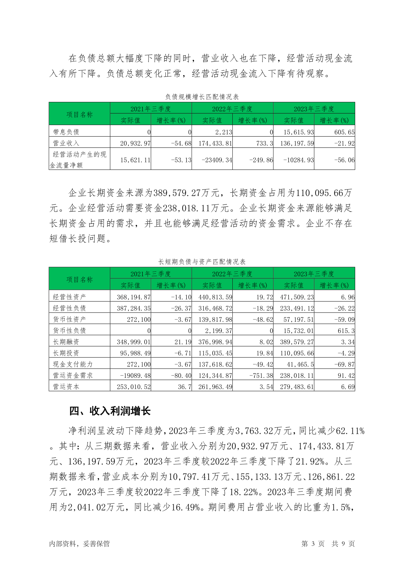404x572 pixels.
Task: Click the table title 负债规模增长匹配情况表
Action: tap(202, 97)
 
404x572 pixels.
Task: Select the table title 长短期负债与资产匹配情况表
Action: tap(202, 262)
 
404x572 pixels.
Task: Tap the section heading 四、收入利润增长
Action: tap(110, 411)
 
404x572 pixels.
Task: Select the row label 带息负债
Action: tap(66, 132)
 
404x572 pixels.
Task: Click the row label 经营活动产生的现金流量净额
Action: tap(79, 160)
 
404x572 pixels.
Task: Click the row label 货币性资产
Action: tap(70, 319)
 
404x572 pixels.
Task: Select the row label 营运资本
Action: tap(66, 387)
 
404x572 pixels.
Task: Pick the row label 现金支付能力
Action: tap(73, 364)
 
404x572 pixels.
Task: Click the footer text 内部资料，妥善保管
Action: tap(79, 544)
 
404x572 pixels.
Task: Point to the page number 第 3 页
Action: tap(313, 544)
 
